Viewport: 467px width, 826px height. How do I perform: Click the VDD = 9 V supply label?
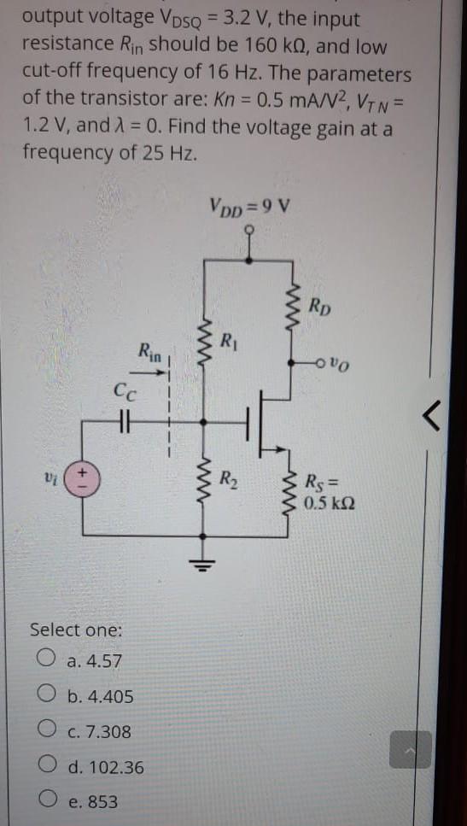pyautogui.click(x=248, y=206)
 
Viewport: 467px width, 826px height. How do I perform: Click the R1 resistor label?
pyautogui.click(x=226, y=345)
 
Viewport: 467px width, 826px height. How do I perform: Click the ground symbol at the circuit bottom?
pyautogui.click(x=202, y=560)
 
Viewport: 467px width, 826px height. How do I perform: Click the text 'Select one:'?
pyautogui.click(x=76, y=630)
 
